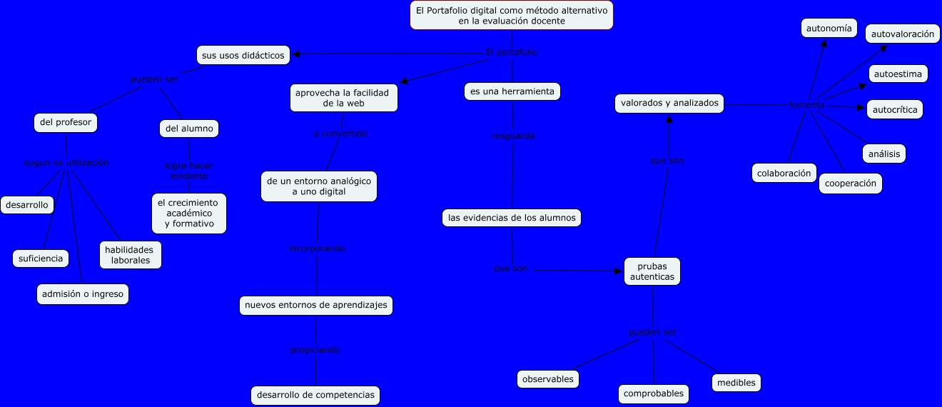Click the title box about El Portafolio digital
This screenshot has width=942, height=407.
[x=512, y=16]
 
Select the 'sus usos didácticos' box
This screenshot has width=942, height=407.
[x=243, y=55]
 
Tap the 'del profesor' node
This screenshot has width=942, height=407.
[x=66, y=123]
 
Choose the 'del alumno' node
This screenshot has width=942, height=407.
[x=189, y=129]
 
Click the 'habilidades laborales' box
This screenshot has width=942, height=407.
[x=130, y=255]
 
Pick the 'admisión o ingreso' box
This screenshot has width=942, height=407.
[x=83, y=293]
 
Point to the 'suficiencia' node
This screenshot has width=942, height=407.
[x=41, y=258]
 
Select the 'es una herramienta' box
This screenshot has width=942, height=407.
[x=512, y=91]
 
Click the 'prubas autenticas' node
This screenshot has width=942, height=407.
[x=652, y=272]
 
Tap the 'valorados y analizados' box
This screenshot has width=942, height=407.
[x=669, y=104]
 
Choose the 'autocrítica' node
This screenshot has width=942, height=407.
[x=895, y=109]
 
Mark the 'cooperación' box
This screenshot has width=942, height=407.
[x=850, y=184]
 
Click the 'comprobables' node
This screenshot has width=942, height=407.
[x=653, y=393]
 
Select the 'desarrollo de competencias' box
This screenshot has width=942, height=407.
[x=315, y=395]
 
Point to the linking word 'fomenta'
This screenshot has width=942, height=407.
[x=806, y=105]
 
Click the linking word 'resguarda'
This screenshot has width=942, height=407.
[x=513, y=136]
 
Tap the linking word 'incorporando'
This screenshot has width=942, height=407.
[x=317, y=248]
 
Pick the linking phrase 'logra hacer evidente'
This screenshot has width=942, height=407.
[x=189, y=171]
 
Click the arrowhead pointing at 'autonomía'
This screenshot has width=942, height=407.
[x=824, y=43]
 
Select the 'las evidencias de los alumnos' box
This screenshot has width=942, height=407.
[x=512, y=217]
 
